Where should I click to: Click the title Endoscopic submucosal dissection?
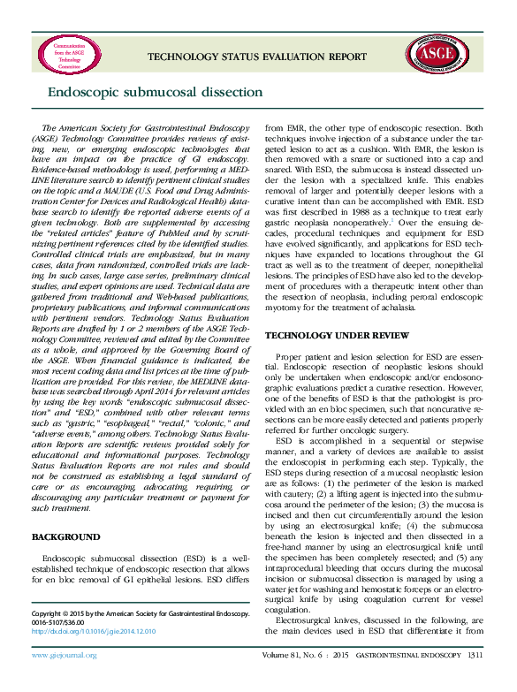(155, 92)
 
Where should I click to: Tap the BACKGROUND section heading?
(65, 536)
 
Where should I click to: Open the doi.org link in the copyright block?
(93, 632)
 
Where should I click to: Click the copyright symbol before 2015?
(70, 612)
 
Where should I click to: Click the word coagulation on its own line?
(293, 633)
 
